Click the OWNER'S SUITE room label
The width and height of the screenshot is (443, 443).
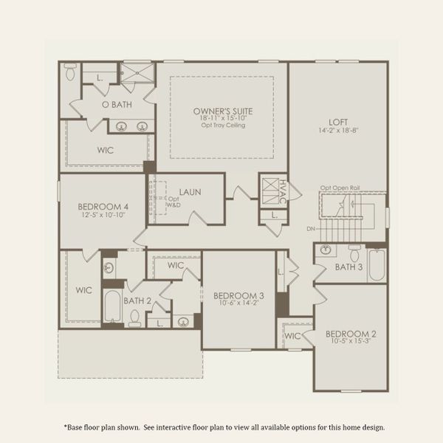(222, 111)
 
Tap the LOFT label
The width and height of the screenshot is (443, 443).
(338, 123)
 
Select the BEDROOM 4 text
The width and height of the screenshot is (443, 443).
(104, 207)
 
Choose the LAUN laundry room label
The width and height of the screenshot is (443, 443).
(189, 192)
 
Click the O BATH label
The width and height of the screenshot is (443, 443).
(116, 105)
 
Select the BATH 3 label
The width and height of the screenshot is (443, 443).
(348, 267)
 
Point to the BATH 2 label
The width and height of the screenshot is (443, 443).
(137, 301)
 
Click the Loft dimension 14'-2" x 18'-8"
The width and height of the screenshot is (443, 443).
(338, 131)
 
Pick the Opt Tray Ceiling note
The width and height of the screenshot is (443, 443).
(222, 126)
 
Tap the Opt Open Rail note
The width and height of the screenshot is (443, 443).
(339, 188)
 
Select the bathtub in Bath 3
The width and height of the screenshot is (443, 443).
(377, 266)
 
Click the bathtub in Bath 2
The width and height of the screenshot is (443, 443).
(113, 306)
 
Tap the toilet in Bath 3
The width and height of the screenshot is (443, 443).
(354, 252)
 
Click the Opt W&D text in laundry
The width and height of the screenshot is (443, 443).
(174, 202)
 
